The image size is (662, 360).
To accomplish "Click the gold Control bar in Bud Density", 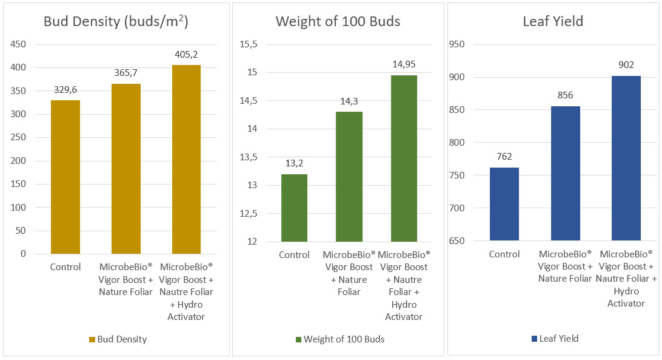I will click(x=65, y=177).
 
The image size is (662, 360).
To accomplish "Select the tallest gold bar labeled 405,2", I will click(x=186, y=159).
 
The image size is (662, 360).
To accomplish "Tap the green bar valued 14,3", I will click(x=349, y=177).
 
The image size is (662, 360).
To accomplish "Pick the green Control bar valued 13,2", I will click(x=293, y=208).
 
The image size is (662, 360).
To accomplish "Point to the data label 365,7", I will click(x=126, y=73).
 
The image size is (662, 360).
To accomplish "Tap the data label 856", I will click(x=565, y=95).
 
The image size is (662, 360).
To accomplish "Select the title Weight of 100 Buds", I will click(x=338, y=21).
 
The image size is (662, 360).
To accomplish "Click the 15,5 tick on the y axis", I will click(x=249, y=44).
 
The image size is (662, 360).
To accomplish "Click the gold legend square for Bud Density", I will click(x=92, y=339).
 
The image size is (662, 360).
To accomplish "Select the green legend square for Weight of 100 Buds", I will click(x=298, y=339).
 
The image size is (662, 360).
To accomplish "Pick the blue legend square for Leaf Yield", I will click(x=533, y=339).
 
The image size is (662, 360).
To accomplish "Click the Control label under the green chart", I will click(x=294, y=255).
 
